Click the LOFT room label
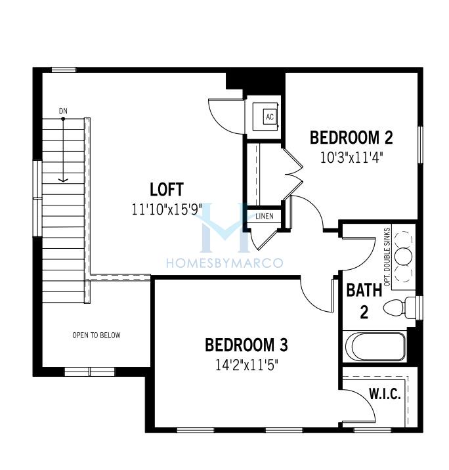point(166,190)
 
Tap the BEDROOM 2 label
point(351,138)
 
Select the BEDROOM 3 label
point(246,345)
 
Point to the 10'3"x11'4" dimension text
point(352,158)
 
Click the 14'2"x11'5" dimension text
point(247,365)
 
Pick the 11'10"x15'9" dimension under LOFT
point(167,209)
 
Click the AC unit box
point(270,116)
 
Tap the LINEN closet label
point(265,216)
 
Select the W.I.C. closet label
point(385,394)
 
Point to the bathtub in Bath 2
point(375,347)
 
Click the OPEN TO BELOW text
point(96,335)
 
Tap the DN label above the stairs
point(63,111)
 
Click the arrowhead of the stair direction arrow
point(63,180)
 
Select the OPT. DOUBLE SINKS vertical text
point(387,257)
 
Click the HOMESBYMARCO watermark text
point(224,263)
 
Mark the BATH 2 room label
point(364,301)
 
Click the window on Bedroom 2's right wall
point(420,145)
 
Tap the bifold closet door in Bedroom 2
point(293,174)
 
